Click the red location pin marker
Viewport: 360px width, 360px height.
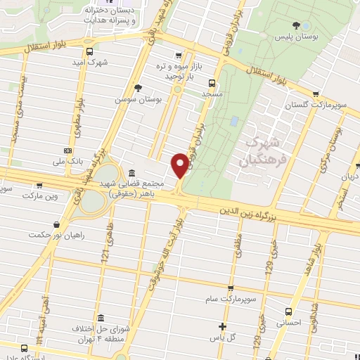point(180,165)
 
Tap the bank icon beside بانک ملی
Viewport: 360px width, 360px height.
point(67,150)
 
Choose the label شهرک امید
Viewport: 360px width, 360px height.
point(89,63)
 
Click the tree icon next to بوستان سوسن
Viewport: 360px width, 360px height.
point(138,88)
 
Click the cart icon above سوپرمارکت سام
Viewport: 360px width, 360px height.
point(231,288)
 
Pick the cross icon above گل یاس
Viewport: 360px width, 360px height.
point(222,326)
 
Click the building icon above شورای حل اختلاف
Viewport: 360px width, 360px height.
point(101,318)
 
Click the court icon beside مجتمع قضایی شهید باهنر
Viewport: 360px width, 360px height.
point(132,173)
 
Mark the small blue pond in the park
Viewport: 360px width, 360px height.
point(233,121)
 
